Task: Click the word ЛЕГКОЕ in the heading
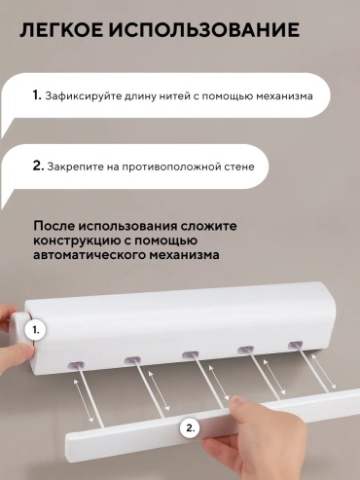point(61,30)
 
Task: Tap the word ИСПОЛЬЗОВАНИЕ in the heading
point(204,30)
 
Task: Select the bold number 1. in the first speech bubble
point(37,95)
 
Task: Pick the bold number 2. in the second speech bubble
point(38,166)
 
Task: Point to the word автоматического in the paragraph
point(89,255)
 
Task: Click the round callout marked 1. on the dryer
point(36,330)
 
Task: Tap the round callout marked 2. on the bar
point(190,428)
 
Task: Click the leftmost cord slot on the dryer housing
point(76,365)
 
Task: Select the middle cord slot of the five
point(191,354)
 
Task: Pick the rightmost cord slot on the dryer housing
point(295,345)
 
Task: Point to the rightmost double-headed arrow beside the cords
point(324,372)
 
